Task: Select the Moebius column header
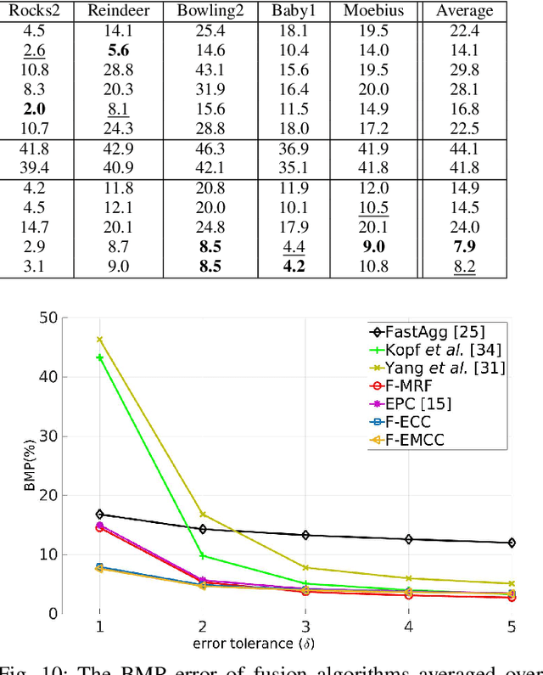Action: coord(374,11)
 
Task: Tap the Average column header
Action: coord(463,11)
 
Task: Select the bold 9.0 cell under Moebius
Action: coord(374,247)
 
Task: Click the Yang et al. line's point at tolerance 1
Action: coord(99,340)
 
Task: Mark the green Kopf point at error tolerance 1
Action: coord(99,357)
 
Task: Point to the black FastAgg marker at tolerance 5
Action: coord(511,543)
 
